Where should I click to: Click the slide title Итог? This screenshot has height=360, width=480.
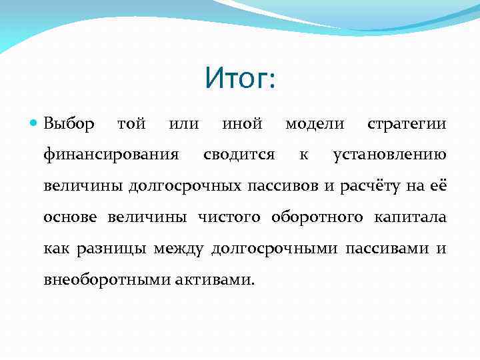tap(240, 80)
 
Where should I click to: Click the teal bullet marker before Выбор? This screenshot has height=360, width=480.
tap(34, 125)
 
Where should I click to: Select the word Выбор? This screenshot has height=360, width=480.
tap(69, 124)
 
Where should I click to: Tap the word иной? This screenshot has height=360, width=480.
tap(241, 124)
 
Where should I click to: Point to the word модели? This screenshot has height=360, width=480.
tap(315, 124)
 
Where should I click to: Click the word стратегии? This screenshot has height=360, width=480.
tap(407, 125)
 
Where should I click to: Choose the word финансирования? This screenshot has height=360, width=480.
tap(111, 155)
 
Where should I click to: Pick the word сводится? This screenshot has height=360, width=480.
tap(239, 155)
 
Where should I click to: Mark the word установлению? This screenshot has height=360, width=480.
tap(389, 155)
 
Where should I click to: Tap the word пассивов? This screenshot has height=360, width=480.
tap(283, 186)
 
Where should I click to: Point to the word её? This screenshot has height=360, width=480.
tap(437, 186)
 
